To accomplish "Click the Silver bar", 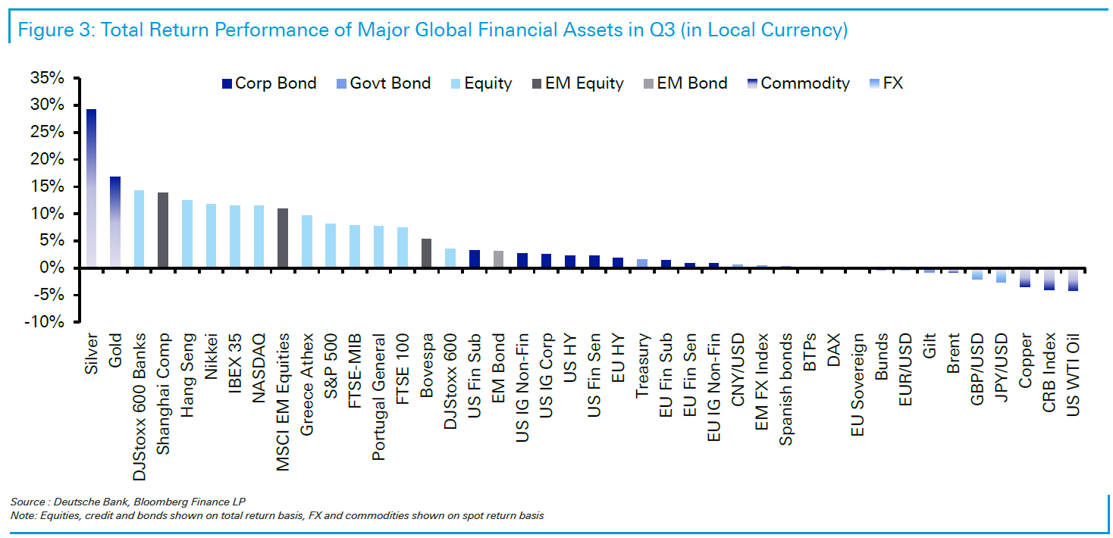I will [x=91, y=189].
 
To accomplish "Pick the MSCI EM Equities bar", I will [x=282, y=238].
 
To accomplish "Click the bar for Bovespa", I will [x=426, y=253].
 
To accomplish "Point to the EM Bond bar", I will [x=498, y=259].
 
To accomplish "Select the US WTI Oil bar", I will [x=1072, y=279].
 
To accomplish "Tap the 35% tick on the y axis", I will [x=48, y=78].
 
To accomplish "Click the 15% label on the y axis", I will [x=48, y=186].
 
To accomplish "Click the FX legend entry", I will [x=892, y=83].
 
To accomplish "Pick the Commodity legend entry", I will [x=804, y=83].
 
